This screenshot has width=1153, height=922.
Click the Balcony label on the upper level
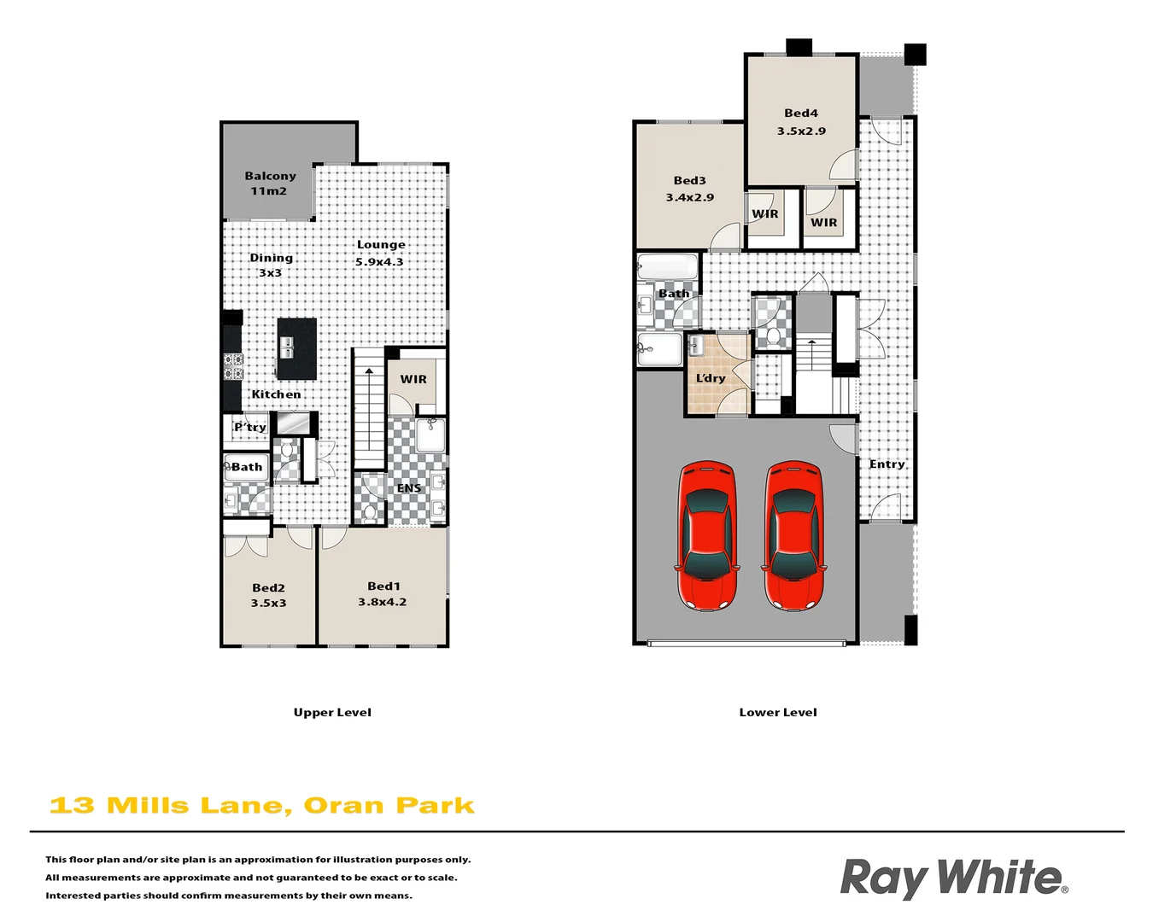tap(270, 176)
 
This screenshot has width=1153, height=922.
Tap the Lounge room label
tap(381, 245)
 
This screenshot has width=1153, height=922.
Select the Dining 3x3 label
tap(271, 258)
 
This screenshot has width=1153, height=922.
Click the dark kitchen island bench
tap(296, 348)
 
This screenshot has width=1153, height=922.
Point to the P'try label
tap(250, 427)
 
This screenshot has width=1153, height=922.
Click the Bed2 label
tap(268, 588)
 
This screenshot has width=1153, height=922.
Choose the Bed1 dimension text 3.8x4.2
tap(382, 602)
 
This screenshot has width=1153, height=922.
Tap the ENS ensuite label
tap(408, 488)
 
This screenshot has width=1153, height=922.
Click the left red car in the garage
tap(706, 535)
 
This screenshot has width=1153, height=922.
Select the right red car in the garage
tap(793, 535)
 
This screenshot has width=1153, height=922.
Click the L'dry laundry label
tap(711, 378)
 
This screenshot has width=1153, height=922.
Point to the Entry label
tap(887, 464)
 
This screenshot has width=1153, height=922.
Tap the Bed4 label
tap(801, 113)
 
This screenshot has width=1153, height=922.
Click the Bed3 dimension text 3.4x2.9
tap(690, 197)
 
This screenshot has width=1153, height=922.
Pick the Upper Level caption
tap(332, 712)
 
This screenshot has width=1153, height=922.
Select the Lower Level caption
tap(778, 712)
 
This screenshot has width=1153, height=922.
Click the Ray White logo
tap(953, 878)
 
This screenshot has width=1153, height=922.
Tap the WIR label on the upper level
tap(413, 379)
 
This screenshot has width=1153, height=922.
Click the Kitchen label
tap(276, 394)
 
